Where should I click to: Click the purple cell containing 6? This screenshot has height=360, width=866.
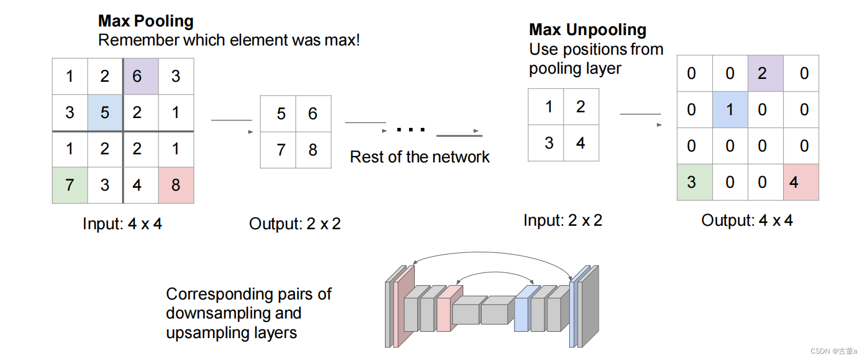click(x=141, y=76)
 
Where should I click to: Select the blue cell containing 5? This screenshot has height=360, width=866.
click(x=105, y=112)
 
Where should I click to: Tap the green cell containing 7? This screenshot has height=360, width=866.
click(x=70, y=185)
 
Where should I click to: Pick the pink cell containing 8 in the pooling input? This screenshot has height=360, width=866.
click(x=176, y=185)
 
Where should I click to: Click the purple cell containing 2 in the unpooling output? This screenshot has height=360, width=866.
click(x=765, y=73)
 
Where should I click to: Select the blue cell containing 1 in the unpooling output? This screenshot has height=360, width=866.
click(x=730, y=109)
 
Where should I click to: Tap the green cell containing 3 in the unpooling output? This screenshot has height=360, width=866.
click(x=694, y=182)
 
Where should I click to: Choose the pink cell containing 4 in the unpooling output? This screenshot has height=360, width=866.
click(x=801, y=182)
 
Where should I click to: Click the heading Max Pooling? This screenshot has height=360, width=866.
click(x=146, y=21)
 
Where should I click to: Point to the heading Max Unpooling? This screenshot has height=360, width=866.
click(x=588, y=30)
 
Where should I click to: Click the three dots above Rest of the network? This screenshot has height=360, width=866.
click(x=411, y=130)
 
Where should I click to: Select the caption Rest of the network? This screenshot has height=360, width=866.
click(x=419, y=157)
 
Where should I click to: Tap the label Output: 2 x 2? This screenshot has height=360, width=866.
click(x=294, y=223)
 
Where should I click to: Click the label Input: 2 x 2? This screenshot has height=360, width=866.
click(x=562, y=220)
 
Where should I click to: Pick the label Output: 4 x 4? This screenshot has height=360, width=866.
click(x=747, y=220)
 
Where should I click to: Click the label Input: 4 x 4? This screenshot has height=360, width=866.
click(x=122, y=223)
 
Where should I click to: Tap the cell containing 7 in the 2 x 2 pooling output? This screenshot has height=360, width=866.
click(x=281, y=150)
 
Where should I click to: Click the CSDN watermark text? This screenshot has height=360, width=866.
click(x=834, y=351)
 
